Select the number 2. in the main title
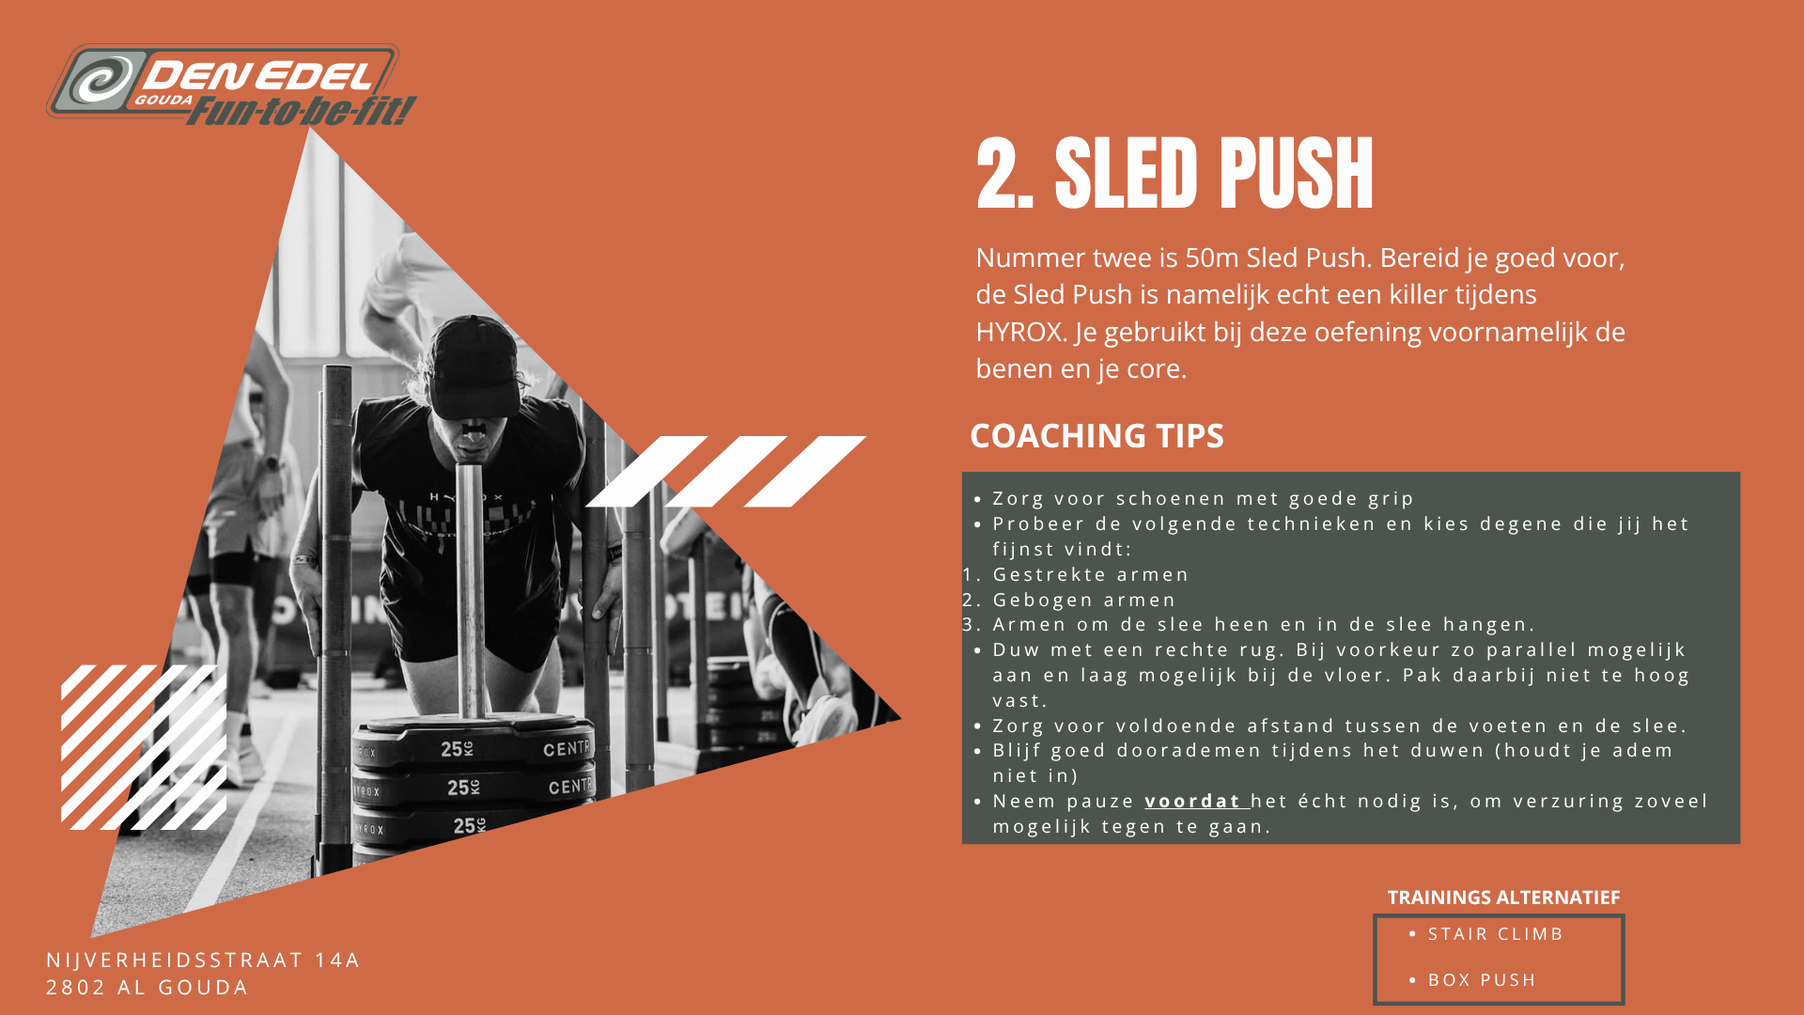[x=1004, y=173]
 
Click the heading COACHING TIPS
[x=1096, y=436]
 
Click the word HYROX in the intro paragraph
[x=1020, y=332]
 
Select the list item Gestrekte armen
[x=1091, y=574]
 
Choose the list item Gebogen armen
[x=1084, y=600]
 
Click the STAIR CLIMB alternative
[x=1496, y=934]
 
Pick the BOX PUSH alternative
[x=1482, y=980]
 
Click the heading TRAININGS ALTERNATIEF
[x=1503, y=898]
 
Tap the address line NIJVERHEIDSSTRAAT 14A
[x=204, y=960]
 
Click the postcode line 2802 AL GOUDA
[x=148, y=988]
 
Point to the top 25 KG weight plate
[x=474, y=742]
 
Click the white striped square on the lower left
[x=144, y=747]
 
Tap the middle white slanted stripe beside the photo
[x=725, y=472]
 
